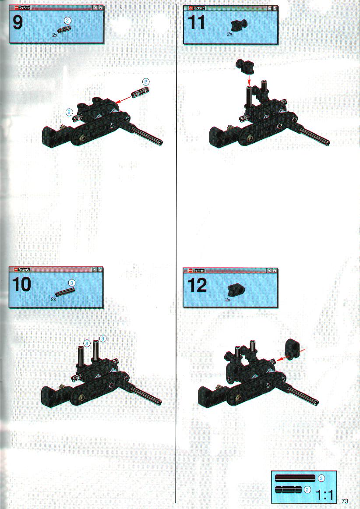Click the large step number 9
(x=18, y=23)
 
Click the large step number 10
(x=22, y=284)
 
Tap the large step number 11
(x=197, y=23)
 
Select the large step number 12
(x=197, y=285)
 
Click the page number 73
(x=345, y=501)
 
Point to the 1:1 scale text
(x=324, y=495)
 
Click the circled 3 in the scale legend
(x=321, y=478)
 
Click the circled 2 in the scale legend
(x=307, y=490)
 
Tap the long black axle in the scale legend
(x=295, y=478)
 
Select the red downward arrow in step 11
(x=249, y=78)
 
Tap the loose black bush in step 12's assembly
(x=293, y=349)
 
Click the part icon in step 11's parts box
(x=239, y=25)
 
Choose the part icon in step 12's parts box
(x=236, y=289)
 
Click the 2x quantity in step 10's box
(x=53, y=299)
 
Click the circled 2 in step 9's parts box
(x=67, y=21)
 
